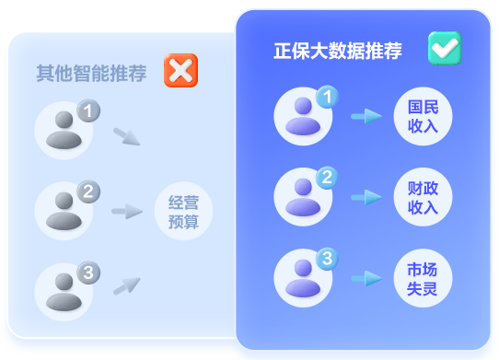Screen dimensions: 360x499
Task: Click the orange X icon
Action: pos(180,71)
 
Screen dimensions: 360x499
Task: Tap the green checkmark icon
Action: pos(445,49)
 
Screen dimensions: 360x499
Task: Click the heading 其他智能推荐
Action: pos(91,73)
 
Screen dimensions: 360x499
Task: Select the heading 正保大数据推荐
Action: pos(337,52)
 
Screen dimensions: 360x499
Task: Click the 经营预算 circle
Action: pos(183,211)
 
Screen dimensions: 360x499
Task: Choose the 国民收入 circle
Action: pos(423,116)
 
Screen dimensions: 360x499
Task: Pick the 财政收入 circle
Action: pos(423,197)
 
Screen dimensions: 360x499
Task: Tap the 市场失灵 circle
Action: pos(423,278)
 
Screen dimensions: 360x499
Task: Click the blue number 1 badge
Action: pos(327,97)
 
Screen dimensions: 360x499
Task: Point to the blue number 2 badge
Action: pos(327,177)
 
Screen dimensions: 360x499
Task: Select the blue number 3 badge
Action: pos(327,259)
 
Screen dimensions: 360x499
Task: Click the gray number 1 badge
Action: pos(87,111)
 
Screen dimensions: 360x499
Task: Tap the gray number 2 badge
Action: pos(87,192)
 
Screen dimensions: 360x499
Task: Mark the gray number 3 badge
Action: pos(87,273)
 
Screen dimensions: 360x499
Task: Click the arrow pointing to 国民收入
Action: pos(366,116)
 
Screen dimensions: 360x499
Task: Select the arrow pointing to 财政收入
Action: pos(366,197)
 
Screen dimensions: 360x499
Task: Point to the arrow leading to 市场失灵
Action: pos(366,278)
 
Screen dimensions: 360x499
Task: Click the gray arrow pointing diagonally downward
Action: pos(126,136)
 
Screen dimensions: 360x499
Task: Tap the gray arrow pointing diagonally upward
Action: pos(126,286)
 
